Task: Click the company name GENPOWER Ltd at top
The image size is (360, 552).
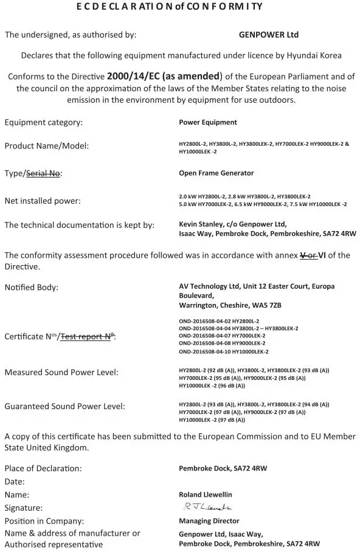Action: [269, 35]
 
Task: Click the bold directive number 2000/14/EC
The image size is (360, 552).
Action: [137, 77]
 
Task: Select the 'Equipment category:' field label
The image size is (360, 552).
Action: [44, 122]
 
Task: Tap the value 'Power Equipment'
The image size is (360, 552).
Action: [208, 122]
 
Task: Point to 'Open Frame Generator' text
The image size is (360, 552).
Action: [216, 173]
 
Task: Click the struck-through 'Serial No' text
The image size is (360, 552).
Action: [42, 173]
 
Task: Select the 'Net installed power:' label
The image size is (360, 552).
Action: [43, 201]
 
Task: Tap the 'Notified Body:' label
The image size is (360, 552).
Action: [32, 287]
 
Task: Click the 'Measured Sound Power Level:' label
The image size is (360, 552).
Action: [61, 372]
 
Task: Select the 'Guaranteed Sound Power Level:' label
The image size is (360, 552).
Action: [65, 406]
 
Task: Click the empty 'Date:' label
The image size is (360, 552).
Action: [15, 481]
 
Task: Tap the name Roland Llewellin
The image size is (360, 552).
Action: [206, 495]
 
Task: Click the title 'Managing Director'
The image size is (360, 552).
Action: [209, 521]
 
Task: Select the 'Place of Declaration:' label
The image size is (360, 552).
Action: [43, 469]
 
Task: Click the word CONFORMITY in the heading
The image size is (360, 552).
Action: [234, 7]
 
